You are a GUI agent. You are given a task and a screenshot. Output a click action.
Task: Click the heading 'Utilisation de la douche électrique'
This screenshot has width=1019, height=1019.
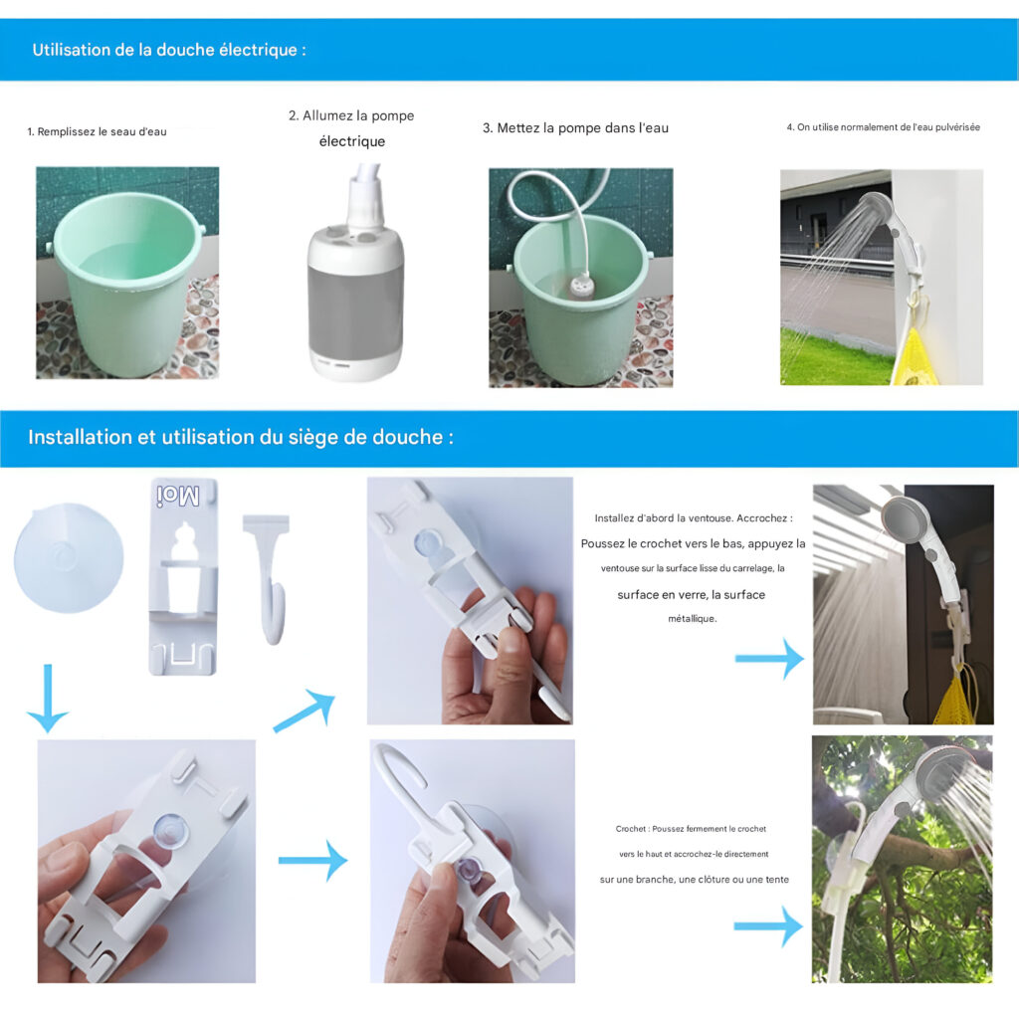click(169, 50)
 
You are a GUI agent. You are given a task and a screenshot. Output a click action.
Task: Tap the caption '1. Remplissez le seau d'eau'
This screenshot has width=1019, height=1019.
click(97, 132)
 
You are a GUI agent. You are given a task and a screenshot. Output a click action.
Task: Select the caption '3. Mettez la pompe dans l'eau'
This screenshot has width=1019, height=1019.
click(575, 128)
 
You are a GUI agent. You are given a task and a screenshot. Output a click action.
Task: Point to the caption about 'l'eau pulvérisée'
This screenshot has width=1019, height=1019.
click(884, 127)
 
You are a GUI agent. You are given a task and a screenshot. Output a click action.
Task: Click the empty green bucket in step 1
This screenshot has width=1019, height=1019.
click(126, 280)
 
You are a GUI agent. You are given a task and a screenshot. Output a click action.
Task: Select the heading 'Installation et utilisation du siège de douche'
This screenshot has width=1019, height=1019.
click(241, 437)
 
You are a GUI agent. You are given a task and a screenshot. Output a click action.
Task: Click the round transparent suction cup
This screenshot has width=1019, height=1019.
click(69, 557)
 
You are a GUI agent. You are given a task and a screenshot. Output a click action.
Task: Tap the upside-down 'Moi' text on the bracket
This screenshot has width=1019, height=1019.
click(177, 496)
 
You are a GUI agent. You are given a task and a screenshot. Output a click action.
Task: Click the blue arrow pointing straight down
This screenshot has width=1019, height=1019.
click(48, 698)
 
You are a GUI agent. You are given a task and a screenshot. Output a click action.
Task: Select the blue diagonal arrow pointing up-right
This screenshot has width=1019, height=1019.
click(305, 713)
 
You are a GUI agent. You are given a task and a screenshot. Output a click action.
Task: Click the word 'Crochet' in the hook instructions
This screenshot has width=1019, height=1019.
click(630, 829)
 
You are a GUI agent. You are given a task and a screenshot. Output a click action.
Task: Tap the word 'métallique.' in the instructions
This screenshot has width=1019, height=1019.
click(693, 619)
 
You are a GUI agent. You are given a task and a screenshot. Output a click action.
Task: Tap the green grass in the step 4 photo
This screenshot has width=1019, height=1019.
click(835, 357)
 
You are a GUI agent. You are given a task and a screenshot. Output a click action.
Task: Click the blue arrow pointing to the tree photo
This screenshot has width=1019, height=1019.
click(768, 926)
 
